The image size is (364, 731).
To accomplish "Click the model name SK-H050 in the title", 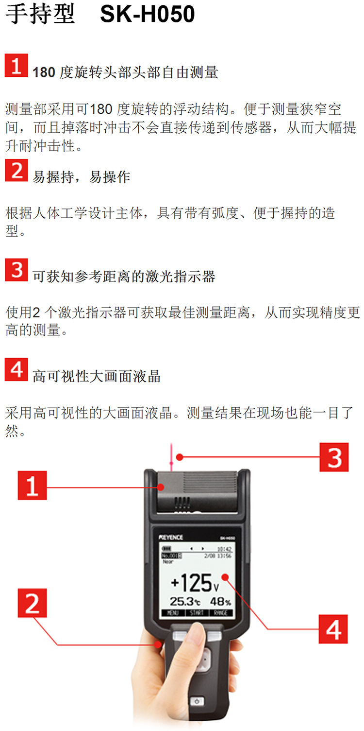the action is [147, 14].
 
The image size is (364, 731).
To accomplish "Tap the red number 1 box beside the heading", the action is [17, 66].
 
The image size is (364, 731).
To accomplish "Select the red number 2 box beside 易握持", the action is [17, 170].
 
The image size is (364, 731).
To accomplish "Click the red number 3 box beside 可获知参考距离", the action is [17, 270].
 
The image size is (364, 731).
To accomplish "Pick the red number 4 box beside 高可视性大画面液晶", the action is [17, 369].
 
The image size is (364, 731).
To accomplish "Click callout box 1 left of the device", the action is [32, 485].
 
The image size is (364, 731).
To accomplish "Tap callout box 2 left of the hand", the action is [32, 603].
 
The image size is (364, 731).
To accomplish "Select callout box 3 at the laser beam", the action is [334, 457].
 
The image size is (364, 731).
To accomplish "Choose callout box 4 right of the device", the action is [333, 629].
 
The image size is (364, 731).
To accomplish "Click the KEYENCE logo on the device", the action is [171, 537].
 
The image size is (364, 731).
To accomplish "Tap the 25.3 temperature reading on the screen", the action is [185, 601].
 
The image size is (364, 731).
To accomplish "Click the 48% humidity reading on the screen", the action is [221, 601].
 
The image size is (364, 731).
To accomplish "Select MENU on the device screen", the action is [173, 613].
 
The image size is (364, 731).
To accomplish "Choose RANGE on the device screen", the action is [221, 613].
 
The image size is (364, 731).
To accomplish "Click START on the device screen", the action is [197, 613].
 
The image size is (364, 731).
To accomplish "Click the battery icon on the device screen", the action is [166, 548].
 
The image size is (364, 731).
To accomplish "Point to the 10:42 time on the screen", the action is [224, 549].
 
